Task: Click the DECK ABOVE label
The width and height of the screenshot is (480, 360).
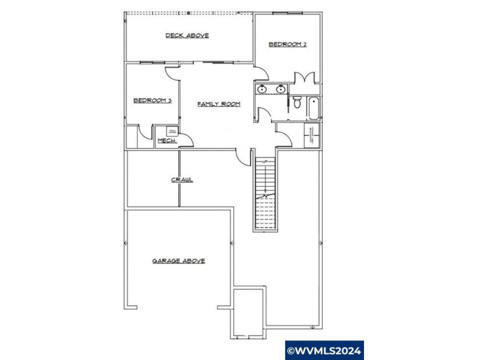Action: [187, 35]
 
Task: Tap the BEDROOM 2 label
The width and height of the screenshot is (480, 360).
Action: [288, 44]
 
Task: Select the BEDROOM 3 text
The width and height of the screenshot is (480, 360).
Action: [153, 101]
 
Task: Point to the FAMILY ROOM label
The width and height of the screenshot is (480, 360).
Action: [218, 104]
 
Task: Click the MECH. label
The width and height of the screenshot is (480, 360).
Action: [166, 141]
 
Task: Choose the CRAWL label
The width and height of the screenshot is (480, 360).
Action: [182, 180]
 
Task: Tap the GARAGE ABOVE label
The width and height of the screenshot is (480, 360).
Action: [178, 261]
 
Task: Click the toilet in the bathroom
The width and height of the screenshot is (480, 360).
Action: [297, 102]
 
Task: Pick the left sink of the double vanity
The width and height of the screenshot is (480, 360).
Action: [262, 89]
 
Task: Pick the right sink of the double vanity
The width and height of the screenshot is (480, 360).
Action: [281, 89]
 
